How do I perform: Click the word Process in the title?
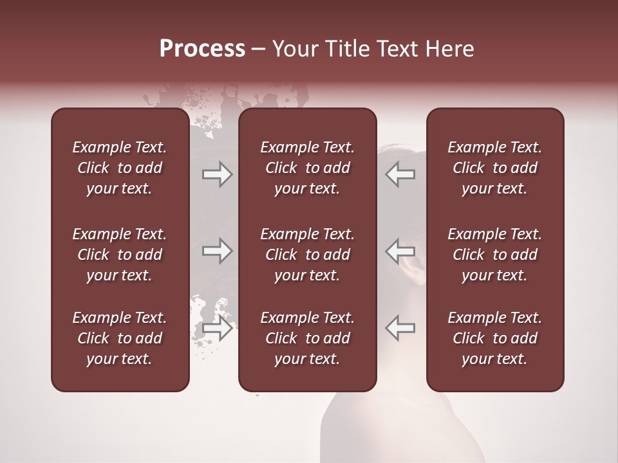click(x=202, y=49)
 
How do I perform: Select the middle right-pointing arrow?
click(x=217, y=251)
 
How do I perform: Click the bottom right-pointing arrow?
click(x=217, y=329)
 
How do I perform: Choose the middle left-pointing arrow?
click(x=400, y=251)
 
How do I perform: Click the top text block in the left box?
click(x=120, y=168)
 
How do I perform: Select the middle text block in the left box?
click(x=120, y=255)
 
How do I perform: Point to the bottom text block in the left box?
click(x=120, y=338)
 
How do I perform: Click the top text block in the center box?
click(x=307, y=168)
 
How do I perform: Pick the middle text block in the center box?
click(x=307, y=255)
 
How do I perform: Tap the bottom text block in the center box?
click(x=307, y=338)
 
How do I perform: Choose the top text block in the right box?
click(x=494, y=168)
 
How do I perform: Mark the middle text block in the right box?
click(x=494, y=255)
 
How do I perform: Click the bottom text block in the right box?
click(x=494, y=338)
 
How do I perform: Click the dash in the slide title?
click(x=259, y=50)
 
